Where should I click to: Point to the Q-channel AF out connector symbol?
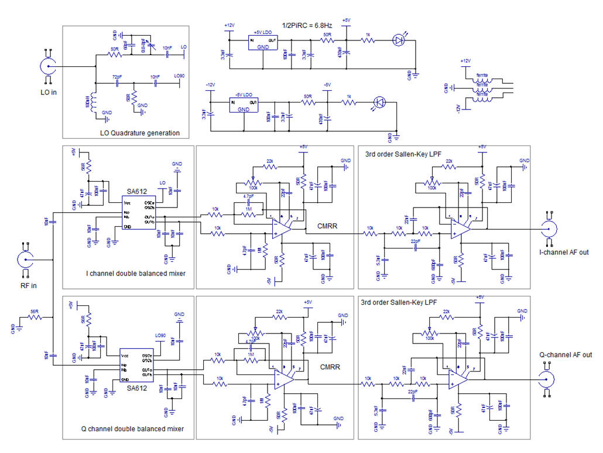click(x=550, y=380)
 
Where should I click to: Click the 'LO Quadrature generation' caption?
click(x=140, y=133)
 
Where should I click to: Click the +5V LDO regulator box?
click(x=263, y=42)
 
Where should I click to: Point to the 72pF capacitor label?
click(x=118, y=77)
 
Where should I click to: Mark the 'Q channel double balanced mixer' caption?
click(x=132, y=428)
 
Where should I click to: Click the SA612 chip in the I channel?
click(x=139, y=212)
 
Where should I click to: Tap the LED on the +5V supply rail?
click(x=399, y=40)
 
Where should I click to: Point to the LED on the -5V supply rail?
click(x=378, y=103)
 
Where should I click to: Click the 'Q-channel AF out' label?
click(x=566, y=355)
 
